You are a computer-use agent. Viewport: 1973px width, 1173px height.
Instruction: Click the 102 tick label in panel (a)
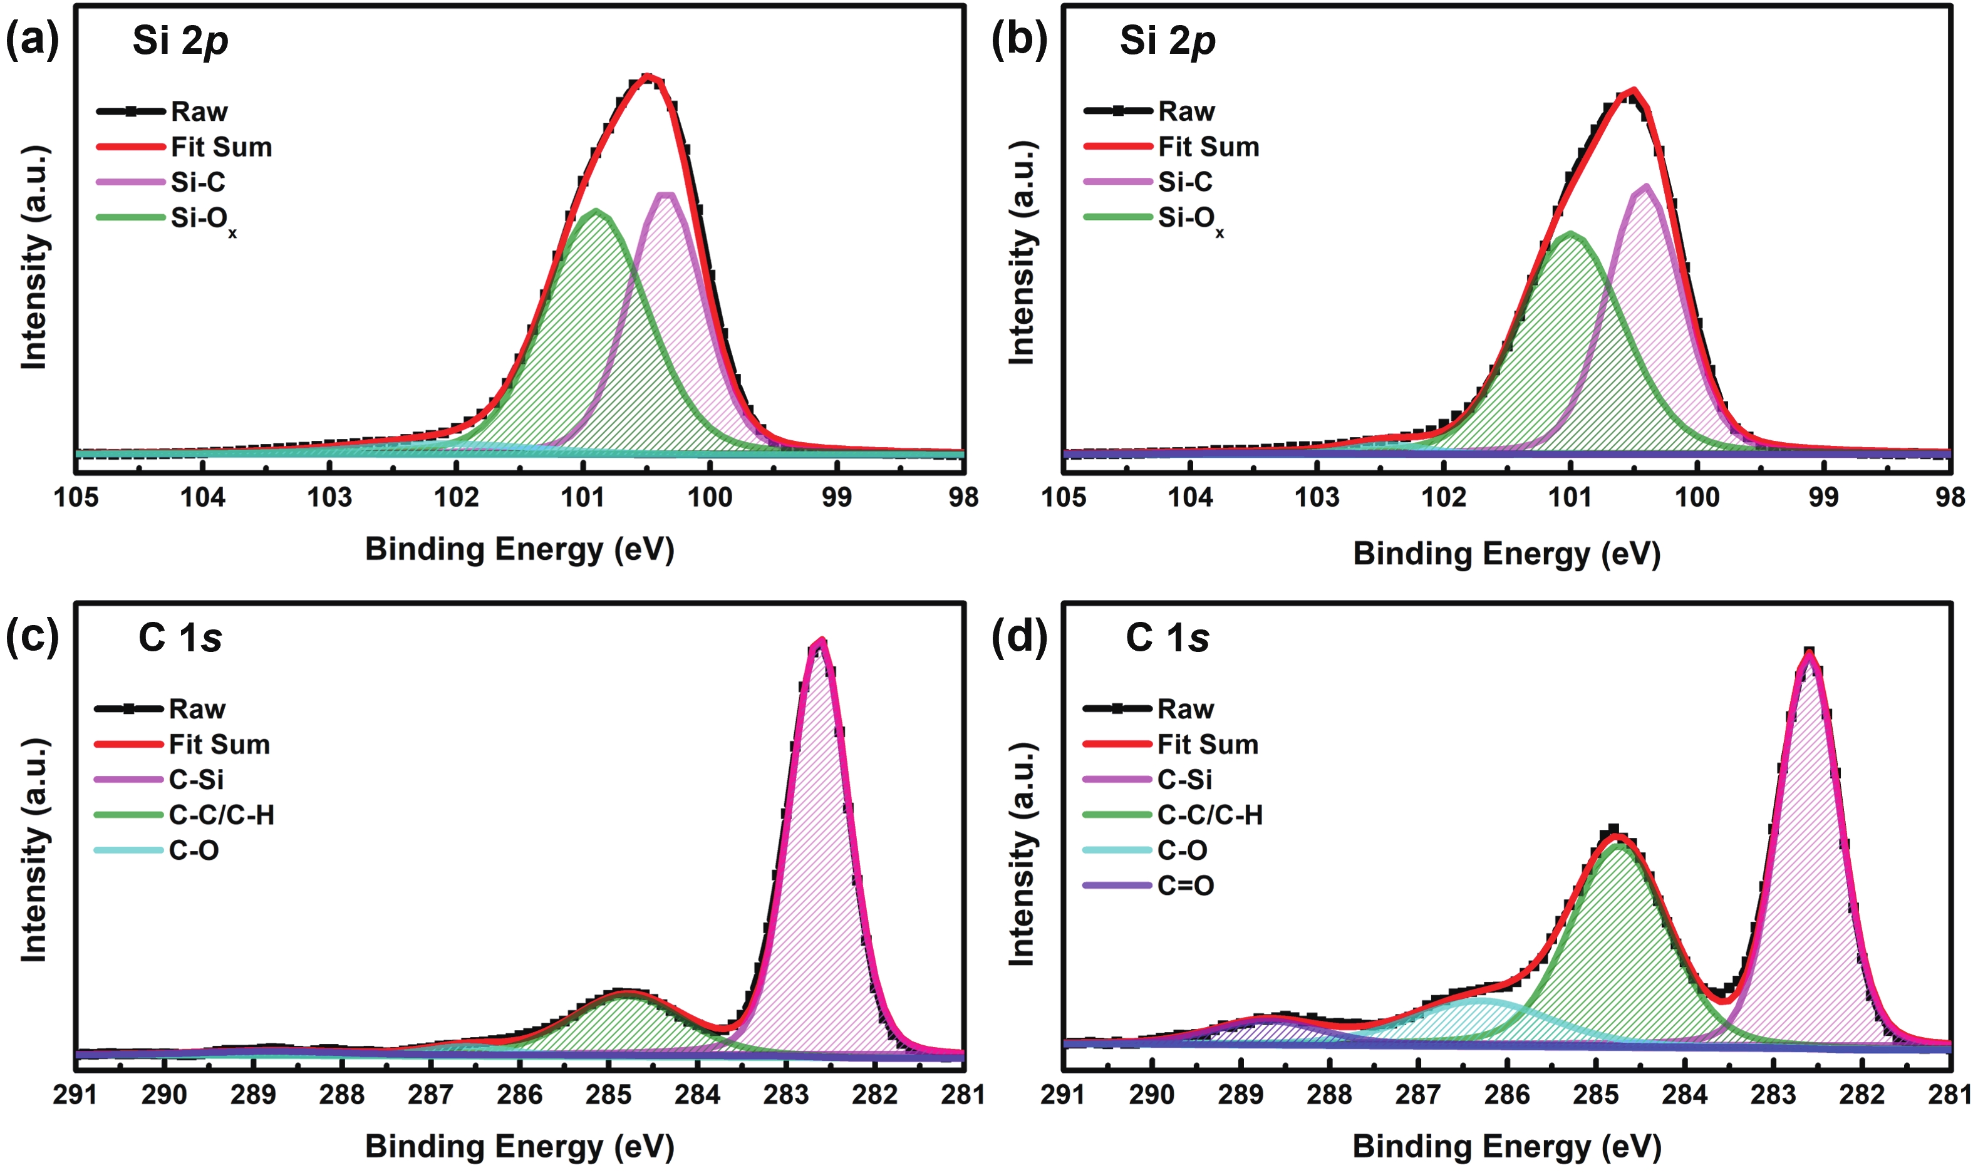click(456, 497)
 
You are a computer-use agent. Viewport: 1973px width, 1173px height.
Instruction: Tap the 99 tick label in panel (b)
click(1823, 497)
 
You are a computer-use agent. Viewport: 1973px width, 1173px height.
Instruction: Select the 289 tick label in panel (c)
click(253, 1095)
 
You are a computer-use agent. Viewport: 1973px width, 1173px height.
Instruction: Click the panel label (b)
click(1019, 39)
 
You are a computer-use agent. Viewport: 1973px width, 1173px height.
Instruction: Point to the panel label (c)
click(31, 637)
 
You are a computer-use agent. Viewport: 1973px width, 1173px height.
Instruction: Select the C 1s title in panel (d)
click(1167, 638)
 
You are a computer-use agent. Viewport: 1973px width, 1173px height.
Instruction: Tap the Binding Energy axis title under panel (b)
click(1506, 553)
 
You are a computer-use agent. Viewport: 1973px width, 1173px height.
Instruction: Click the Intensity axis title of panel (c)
click(34, 850)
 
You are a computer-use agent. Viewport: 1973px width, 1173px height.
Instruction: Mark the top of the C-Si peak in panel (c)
click(821, 642)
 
